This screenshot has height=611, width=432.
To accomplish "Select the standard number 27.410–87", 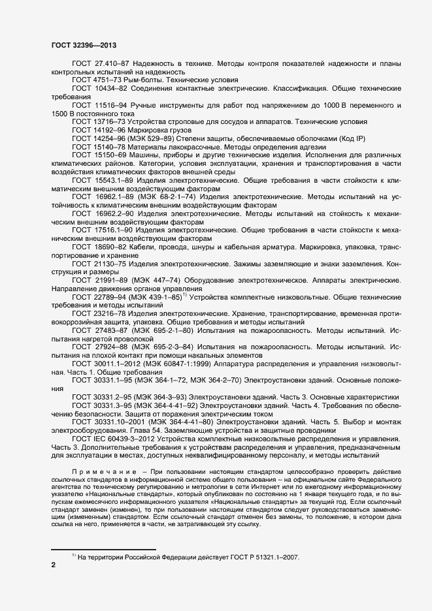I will coord(111,64).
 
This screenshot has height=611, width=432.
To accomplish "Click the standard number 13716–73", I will coord(110,121).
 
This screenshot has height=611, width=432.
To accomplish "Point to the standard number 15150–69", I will coord(112,156).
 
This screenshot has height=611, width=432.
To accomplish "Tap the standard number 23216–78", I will coord(110,313).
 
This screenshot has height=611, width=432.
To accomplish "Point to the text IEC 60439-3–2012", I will coord(127,440).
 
